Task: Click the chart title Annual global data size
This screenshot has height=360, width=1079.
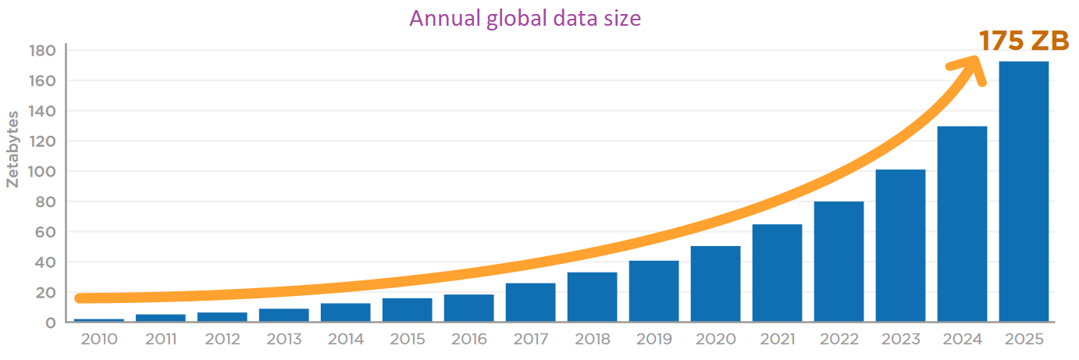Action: click(x=525, y=18)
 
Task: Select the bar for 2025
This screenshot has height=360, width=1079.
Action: click(x=1024, y=191)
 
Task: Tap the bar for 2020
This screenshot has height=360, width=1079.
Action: click(x=715, y=283)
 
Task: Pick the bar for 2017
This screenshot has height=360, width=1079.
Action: click(x=530, y=302)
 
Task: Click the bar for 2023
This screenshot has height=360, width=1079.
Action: click(x=900, y=245)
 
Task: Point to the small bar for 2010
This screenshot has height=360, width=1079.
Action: click(x=99, y=319)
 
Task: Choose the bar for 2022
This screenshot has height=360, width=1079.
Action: click(x=839, y=262)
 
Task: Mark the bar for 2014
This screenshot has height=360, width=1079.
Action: click(x=345, y=312)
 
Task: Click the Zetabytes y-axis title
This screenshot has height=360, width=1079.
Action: click(x=12, y=148)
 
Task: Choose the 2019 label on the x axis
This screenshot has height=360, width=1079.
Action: click(x=653, y=340)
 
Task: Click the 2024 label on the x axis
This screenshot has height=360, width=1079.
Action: click(x=962, y=340)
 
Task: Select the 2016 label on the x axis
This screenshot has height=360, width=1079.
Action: click(x=468, y=340)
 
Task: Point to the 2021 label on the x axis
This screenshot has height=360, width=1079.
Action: click(x=777, y=340)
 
